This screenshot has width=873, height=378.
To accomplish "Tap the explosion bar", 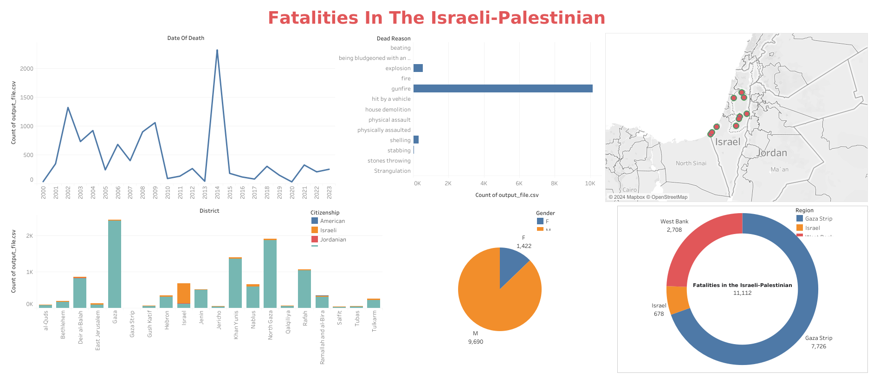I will coord(418,68).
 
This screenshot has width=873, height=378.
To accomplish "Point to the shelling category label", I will coord(400,140).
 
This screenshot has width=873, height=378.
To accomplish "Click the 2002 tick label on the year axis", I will coord(68,192).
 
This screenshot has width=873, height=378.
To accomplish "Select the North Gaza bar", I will coord(270,274).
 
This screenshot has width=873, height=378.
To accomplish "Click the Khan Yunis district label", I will coord(236,325).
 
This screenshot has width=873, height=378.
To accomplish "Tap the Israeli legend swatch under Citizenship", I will coord(315,230).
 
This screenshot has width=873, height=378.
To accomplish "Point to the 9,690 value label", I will coord(476,342).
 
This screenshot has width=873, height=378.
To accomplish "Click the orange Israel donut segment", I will coord(678,300).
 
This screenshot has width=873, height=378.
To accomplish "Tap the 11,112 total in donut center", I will coord(742,293).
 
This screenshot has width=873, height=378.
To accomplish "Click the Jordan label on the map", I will coord(772,153).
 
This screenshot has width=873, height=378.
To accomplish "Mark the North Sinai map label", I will coord(691,163).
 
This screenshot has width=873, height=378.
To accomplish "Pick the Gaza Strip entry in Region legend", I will coord(818,219).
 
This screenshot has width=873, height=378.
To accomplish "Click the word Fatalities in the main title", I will coord(312,18).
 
